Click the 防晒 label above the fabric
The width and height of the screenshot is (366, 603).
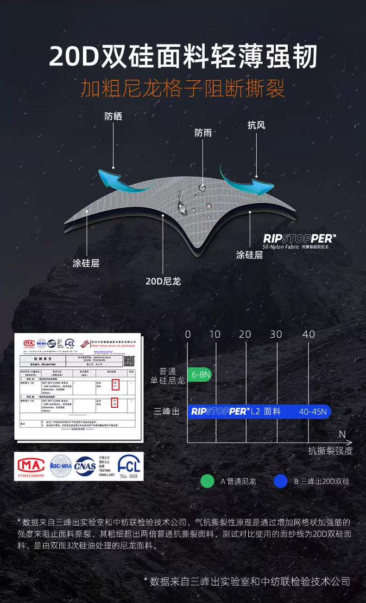[113, 116]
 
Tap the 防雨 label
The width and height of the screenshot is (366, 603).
[203, 133]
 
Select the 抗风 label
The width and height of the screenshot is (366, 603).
[256, 125]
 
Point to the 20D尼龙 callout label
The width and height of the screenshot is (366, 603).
[163, 281]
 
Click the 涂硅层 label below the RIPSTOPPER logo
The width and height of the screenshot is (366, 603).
[249, 255]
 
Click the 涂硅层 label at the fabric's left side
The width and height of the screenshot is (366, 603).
[86, 263]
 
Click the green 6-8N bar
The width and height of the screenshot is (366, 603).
[199, 374]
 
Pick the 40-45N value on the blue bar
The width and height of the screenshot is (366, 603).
[313, 411]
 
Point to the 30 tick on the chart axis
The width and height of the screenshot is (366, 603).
[276, 334]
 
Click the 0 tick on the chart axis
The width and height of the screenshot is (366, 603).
[188, 334]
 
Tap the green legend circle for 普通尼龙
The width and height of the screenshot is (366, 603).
[207, 481]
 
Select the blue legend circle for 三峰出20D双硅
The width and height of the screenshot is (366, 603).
[280, 481]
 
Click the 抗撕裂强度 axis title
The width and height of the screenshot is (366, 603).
[330, 451]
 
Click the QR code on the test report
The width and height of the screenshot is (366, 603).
[128, 360]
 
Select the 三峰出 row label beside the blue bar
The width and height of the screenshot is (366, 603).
[167, 411]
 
